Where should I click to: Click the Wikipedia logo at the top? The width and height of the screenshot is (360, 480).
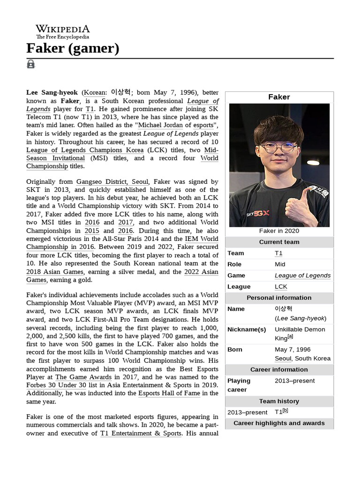[62, 32]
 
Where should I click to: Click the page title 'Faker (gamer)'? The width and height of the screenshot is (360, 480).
[73, 48]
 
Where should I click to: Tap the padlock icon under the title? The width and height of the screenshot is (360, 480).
[30, 64]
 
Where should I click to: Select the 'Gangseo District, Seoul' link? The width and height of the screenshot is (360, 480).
[112, 181]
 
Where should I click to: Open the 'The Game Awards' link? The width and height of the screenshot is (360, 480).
[77, 377]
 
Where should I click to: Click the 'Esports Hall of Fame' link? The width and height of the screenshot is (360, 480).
[169, 393]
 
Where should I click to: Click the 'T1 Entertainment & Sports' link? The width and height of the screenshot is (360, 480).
[141, 433]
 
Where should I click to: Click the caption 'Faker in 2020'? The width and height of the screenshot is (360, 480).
[279, 231]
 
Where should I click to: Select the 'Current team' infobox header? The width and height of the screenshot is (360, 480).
[279, 242]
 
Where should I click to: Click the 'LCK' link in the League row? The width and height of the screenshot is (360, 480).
[281, 286]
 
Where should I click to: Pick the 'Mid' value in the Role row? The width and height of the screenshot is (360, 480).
[280, 264]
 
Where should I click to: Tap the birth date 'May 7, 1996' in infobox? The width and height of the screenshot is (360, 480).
[292, 349]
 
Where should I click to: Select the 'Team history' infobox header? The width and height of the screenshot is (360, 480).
[279, 401]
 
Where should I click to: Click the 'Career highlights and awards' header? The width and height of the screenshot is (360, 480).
[279, 423]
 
